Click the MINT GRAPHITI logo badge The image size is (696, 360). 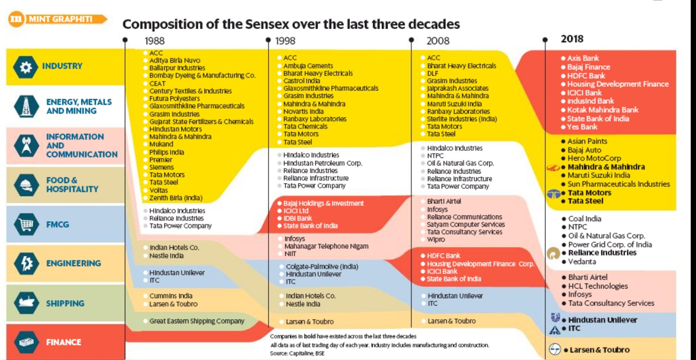57,19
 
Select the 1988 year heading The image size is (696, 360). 154,41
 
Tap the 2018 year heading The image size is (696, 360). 572,39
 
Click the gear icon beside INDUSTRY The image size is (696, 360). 26,67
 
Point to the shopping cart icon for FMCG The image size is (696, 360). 26,225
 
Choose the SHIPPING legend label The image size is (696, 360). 65,303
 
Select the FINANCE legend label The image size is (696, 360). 64,342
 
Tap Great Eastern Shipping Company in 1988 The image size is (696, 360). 197,321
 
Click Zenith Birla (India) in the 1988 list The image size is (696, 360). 176,198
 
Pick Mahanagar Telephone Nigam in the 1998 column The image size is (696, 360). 326,246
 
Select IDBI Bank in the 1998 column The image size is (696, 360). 298,219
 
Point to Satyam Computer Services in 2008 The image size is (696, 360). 465,225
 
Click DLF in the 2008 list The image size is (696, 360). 432,74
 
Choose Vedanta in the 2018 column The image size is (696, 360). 582,262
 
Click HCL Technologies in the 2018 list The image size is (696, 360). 598,286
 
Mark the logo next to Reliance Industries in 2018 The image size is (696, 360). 553,253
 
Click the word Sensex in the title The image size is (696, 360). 266,24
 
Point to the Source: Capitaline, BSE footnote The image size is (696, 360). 297,353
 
